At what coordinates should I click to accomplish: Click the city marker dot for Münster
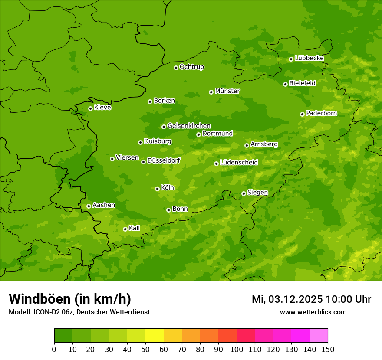[211, 92]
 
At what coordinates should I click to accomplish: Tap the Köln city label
[167, 188]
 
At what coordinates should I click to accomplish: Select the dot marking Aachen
[89, 206]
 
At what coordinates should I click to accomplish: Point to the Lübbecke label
[309, 58]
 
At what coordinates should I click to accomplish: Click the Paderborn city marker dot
[302, 114]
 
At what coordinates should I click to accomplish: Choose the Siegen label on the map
[257, 193]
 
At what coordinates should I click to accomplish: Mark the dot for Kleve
[90, 108]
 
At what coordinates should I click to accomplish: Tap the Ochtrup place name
[191, 67]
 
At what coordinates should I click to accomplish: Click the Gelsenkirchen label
[189, 126]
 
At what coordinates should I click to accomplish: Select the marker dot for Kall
[125, 229]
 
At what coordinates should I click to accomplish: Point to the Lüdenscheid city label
[239, 163]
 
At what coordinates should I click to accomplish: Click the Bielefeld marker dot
[285, 84]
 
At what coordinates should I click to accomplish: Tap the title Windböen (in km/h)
[70, 299]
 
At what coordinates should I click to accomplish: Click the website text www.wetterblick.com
[313, 312]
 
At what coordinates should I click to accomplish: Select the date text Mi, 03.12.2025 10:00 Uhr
[311, 299]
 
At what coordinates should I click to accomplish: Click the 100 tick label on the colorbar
[237, 349]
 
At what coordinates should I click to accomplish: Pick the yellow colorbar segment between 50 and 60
[155, 336]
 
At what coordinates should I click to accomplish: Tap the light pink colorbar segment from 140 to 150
[319, 336]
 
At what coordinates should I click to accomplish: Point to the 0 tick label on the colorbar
[54, 349]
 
